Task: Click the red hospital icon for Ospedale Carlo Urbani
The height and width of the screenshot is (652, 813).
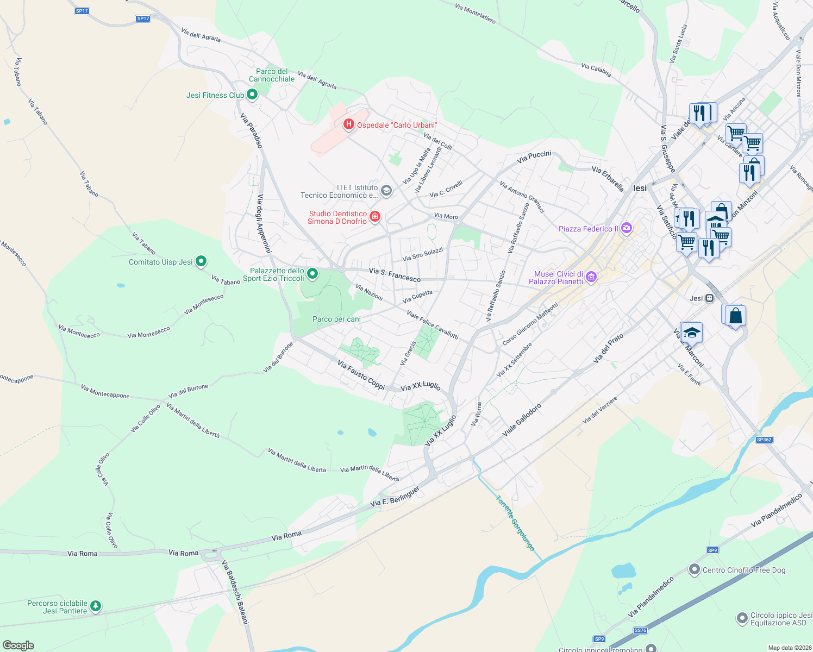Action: pos(349,125)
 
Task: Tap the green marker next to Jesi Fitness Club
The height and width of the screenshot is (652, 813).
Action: pos(252,95)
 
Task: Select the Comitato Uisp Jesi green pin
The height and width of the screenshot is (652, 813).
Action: pos(201,262)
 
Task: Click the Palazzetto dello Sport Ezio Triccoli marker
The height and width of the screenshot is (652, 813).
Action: pos(312,274)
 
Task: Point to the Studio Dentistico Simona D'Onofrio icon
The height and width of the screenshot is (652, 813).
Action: pos(374,217)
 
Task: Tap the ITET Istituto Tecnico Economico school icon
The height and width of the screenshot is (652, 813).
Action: pos(386,191)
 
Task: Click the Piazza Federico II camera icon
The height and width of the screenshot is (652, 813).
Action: pos(626,228)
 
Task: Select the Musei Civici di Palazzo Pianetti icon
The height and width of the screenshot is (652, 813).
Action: pos(591,278)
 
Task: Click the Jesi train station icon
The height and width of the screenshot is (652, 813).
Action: pos(709,298)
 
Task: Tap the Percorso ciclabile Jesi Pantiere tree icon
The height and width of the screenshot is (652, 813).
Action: pos(96,606)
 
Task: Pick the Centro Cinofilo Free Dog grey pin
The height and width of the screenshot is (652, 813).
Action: pos(694,570)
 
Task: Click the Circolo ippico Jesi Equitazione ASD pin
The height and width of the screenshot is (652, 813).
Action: pos(742,618)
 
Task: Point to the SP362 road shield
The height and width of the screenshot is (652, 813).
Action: pos(764,440)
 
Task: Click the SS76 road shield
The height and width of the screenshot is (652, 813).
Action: pos(640,630)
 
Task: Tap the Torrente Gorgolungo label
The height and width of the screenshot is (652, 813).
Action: pos(515,523)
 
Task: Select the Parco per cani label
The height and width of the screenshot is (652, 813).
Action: pos(336,319)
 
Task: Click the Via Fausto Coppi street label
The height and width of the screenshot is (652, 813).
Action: pos(361,375)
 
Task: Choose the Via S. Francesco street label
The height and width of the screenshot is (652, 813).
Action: pos(395,274)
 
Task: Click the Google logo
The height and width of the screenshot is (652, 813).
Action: pos(18,645)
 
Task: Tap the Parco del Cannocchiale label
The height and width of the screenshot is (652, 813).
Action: pos(272,75)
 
